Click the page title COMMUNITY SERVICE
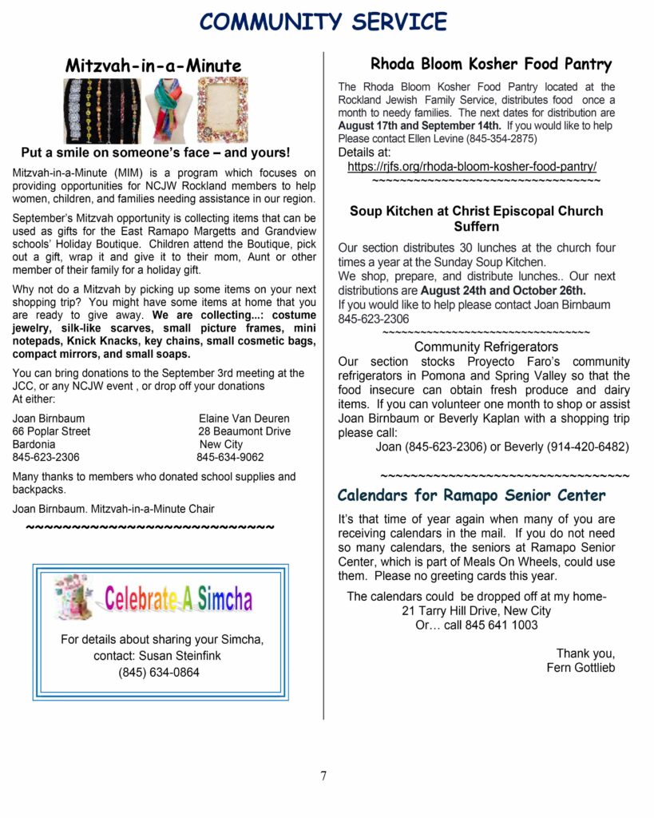click(323, 21)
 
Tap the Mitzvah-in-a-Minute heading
click(153, 65)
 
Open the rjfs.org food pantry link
click(472, 166)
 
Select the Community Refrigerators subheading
click(486, 347)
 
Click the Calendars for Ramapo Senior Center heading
click(471, 495)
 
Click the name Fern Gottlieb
click(581, 667)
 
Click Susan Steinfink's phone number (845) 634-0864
click(159, 672)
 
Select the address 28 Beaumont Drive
click(244, 431)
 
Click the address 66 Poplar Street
click(51, 431)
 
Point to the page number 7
click(323, 776)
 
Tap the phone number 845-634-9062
click(230, 458)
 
